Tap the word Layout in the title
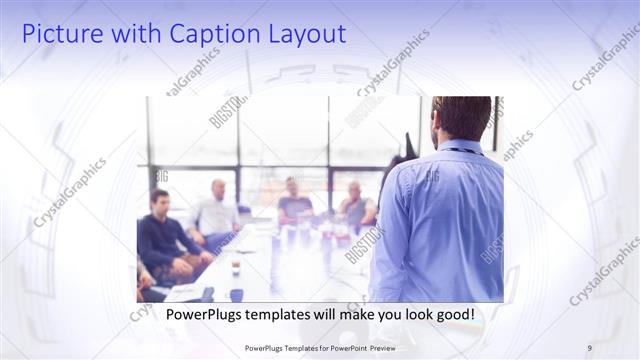click(304, 34)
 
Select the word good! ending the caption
click(455, 315)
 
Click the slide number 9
click(590, 348)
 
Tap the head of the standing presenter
click(461, 118)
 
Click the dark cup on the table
click(236, 294)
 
